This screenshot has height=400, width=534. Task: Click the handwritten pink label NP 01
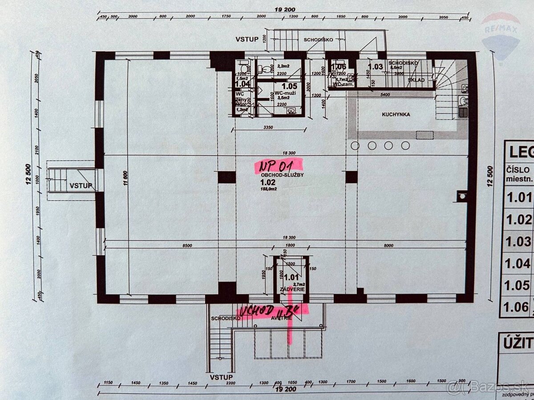(277, 166)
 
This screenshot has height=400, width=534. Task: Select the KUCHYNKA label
(396, 114)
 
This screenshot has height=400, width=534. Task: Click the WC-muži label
(288, 93)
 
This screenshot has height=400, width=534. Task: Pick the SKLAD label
(416, 80)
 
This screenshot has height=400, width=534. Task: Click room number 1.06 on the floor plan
(338, 68)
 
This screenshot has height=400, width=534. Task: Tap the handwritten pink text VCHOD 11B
(271, 313)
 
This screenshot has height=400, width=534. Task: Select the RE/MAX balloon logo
(501, 36)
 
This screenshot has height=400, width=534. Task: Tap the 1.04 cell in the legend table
(519, 263)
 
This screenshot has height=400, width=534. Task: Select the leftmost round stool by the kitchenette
(355, 145)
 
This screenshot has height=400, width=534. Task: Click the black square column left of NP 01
(227, 177)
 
